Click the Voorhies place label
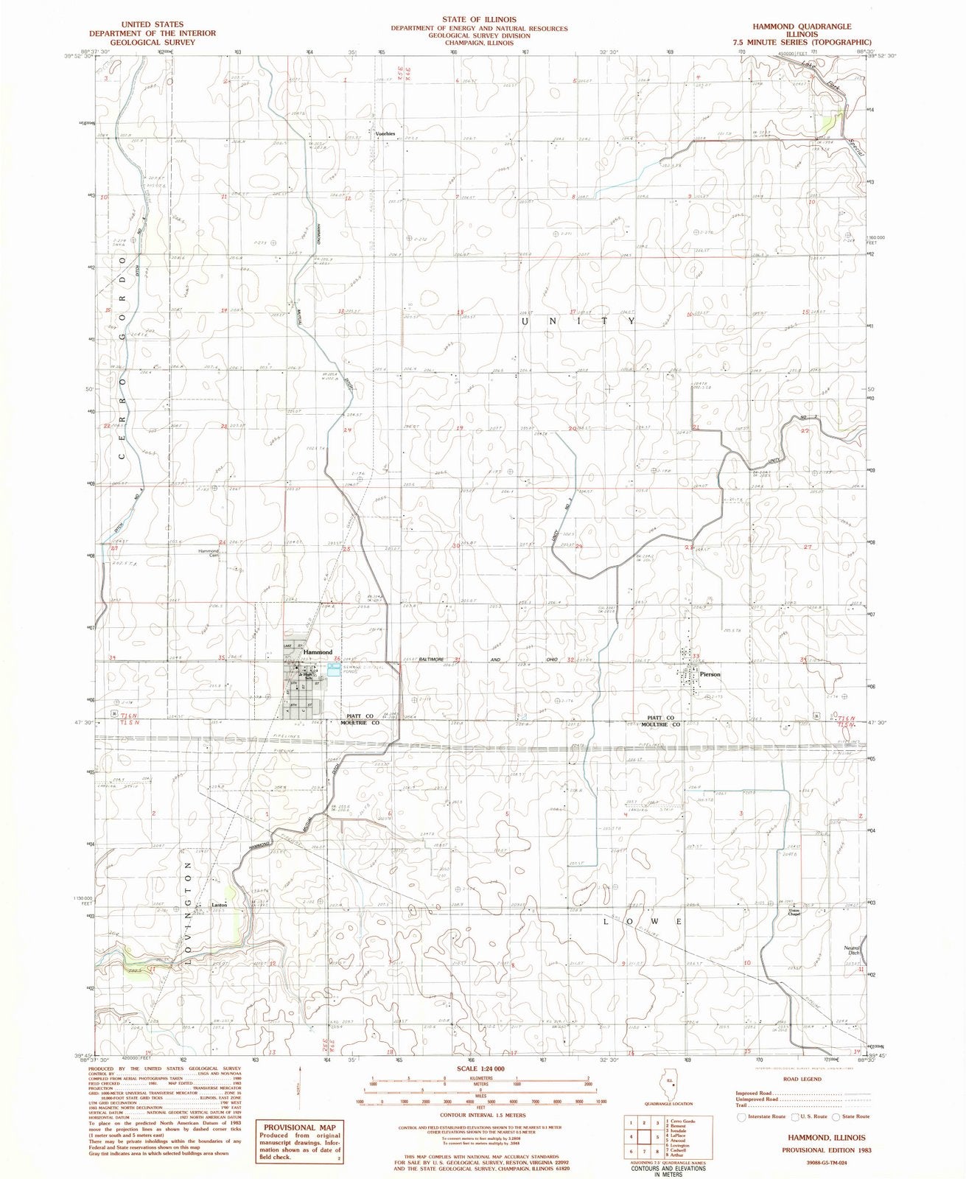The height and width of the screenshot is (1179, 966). pos(386,133)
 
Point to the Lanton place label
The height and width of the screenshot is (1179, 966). pos(217,903)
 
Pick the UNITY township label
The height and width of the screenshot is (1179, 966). pos(578,321)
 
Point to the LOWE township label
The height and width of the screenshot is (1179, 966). pos(641,922)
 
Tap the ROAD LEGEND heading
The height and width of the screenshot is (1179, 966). pos(799,1079)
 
